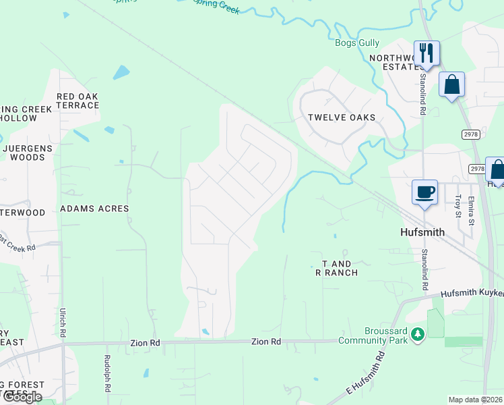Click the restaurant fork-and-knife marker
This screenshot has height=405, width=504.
pyautogui.click(x=427, y=53)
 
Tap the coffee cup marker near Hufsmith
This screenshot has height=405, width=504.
pyautogui.click(x=425, y=192)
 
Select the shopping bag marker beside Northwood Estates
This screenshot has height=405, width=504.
pyautogui.click(x=451, y=84)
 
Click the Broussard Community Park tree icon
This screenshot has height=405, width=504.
pyautogui.click(x=418, y=335)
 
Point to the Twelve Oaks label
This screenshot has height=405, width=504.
pyautogui.click(x=342, y=117)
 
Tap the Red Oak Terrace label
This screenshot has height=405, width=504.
pyautogui.click(x=77, y=101)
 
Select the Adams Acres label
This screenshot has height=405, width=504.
pyautogui.click(x=94, y=209)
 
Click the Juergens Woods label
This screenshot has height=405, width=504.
pyautogui.click(x=24, y=153)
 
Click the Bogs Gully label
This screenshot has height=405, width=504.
pyautogui.click(x=358, y=43)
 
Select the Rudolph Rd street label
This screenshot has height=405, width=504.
pyautogui.click(x=106, y=374)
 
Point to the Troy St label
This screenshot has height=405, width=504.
pyautogui.click(x=458, y=205)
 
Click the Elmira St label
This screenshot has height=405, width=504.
pyautogui.click(x=471, y=208)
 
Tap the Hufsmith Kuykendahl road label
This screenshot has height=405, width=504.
pyautogui.click(x=472, y=294)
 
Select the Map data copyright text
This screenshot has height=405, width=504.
pyautogui.click(x=474, y=400)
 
